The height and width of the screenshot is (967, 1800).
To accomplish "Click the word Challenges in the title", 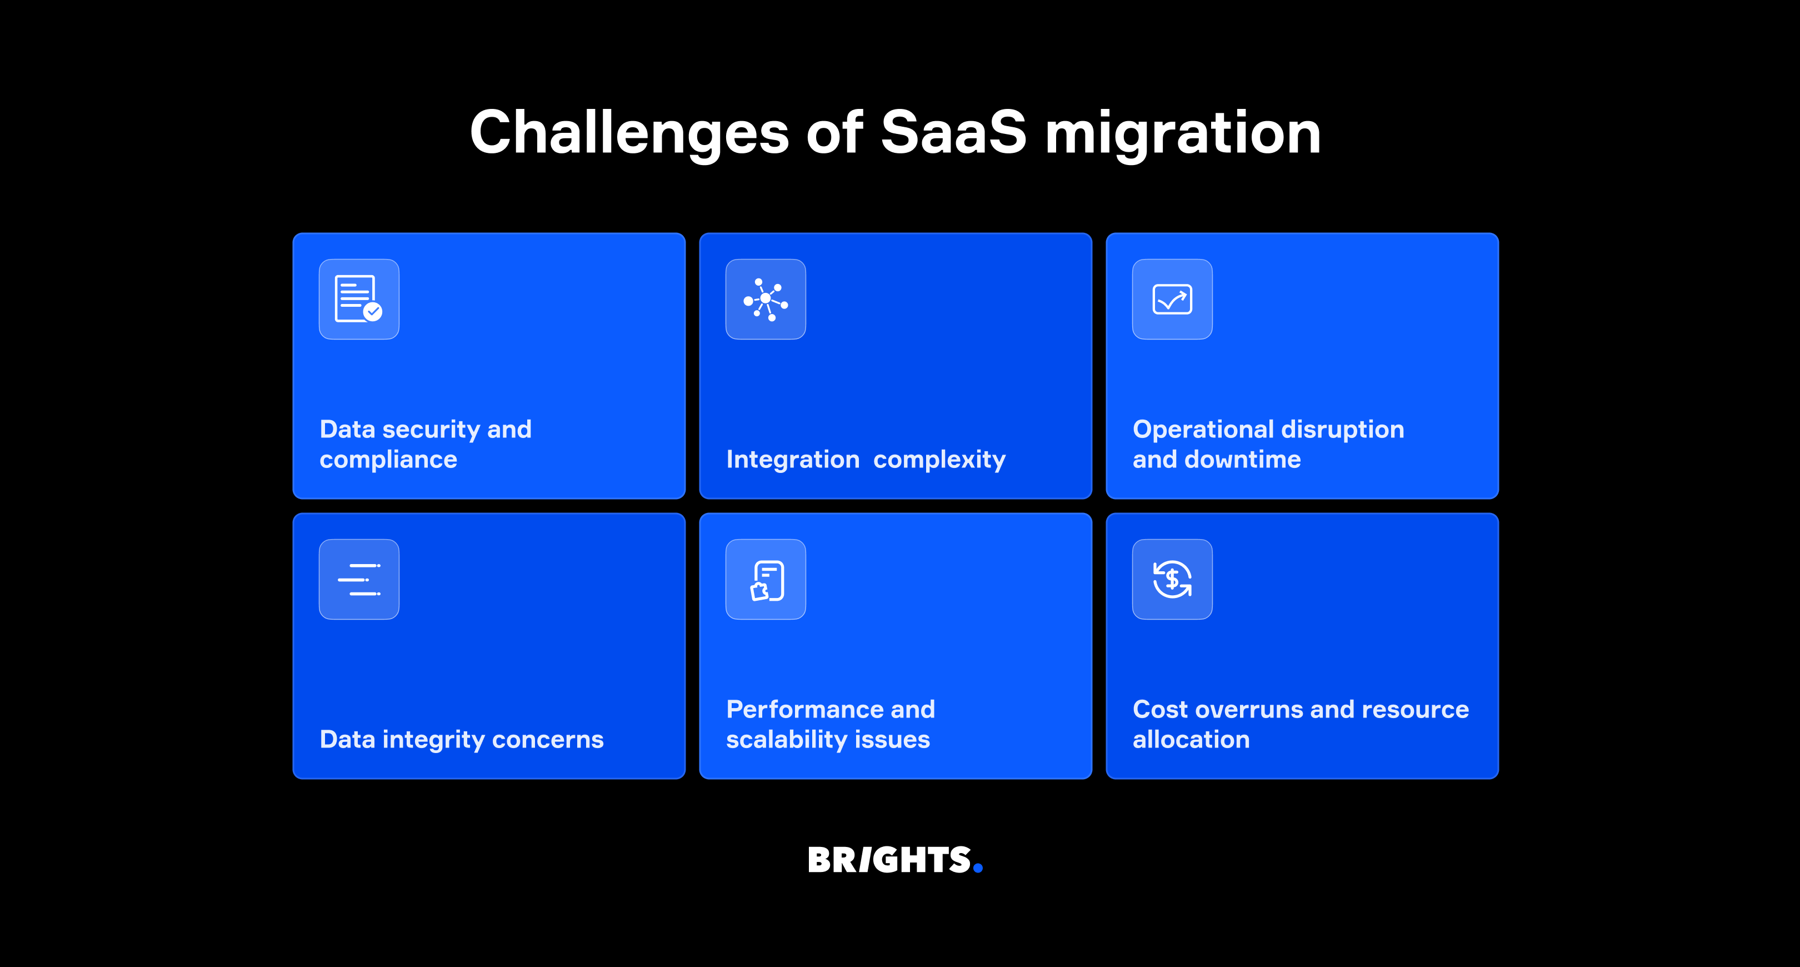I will click(629, 133).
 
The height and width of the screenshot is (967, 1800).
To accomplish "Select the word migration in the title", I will click(1182, 133).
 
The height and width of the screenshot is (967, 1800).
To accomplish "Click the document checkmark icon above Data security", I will click(358, 299).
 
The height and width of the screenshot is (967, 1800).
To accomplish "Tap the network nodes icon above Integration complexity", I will click(765, 299).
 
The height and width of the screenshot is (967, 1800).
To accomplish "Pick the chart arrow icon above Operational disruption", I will click(1172, 299).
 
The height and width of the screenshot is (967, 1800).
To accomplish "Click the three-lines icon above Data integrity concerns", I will click(358, 579).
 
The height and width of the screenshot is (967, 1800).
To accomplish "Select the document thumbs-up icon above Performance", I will click(765, 579).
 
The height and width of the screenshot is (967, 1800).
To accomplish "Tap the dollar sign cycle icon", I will click(1172, 579).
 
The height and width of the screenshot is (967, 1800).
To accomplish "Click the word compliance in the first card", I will click(388, 460).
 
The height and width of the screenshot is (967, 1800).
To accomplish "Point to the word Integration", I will click(792, 460).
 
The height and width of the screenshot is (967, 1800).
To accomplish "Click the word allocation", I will click(1191, 740).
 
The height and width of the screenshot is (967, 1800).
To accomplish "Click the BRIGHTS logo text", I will click(889, 860).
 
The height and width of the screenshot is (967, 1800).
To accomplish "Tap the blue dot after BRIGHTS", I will click(978, 868).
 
